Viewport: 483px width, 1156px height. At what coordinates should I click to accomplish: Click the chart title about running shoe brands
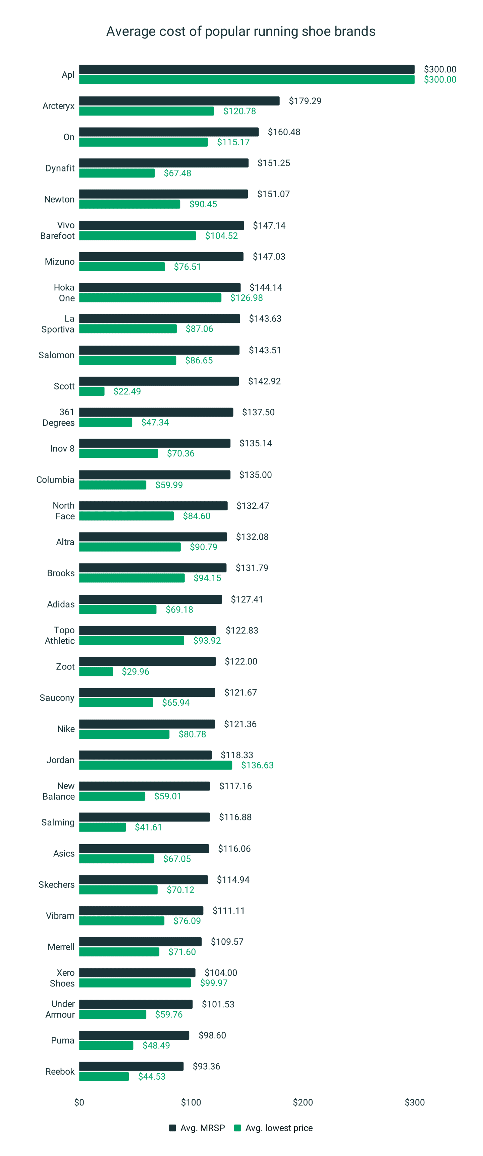[241, 31]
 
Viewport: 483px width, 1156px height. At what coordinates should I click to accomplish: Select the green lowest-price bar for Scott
[92, 391]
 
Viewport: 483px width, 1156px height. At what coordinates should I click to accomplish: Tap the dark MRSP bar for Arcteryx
[179, 101]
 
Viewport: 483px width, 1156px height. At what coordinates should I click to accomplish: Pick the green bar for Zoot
[96, 671]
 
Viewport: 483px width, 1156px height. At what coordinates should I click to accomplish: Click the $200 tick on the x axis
[303, 1102]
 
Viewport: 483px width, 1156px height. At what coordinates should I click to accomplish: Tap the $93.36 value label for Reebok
[206, 1066]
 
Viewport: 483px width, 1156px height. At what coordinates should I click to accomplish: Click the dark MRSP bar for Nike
[147, 724]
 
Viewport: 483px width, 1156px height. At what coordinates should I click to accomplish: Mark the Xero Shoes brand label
[62, 978]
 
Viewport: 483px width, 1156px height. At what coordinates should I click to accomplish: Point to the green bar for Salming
[102, 827]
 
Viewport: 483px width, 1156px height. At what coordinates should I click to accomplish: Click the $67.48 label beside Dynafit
[177, 173]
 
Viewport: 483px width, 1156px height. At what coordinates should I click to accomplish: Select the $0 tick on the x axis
[79, 1102]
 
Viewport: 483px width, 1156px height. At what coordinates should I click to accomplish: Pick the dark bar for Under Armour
[136, 1004]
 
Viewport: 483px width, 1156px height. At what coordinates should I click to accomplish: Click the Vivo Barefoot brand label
[57, 230]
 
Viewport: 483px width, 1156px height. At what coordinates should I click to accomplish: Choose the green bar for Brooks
[131, 578]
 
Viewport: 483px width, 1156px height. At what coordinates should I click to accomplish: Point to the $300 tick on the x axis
[414, 1102]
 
